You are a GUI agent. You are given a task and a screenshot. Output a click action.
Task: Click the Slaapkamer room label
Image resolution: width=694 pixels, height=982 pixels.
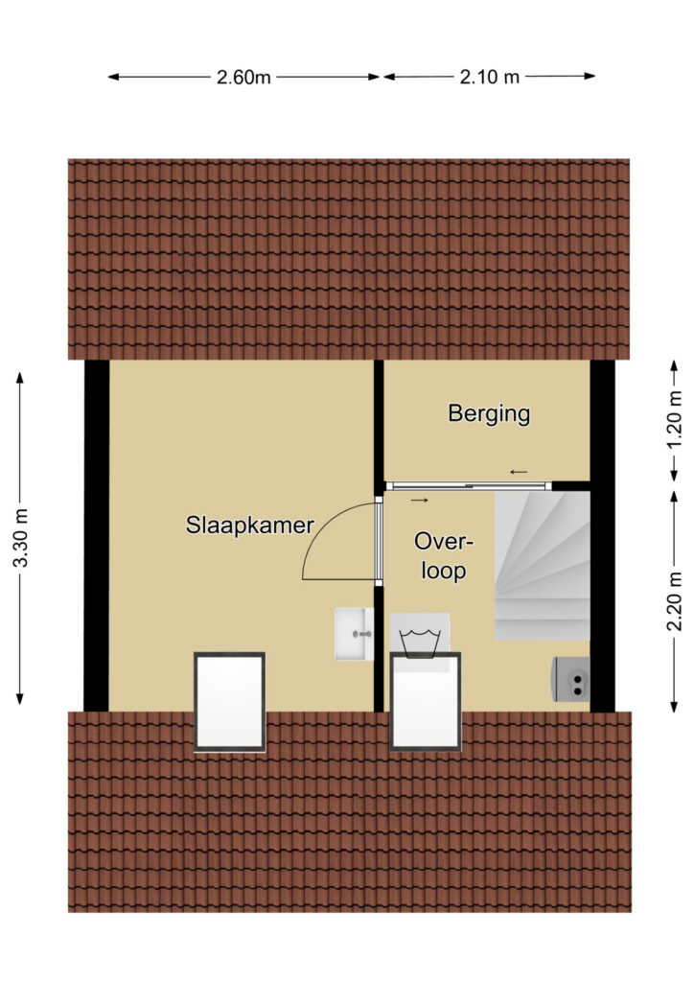249,526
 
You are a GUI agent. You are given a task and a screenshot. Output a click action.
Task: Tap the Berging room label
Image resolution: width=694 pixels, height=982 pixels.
490,414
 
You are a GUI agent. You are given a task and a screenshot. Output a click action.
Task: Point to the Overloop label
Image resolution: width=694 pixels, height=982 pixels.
444,556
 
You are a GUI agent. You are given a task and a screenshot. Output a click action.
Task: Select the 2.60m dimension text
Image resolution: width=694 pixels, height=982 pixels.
243,78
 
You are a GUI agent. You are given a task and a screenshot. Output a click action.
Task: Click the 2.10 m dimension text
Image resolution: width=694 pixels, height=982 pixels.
490,77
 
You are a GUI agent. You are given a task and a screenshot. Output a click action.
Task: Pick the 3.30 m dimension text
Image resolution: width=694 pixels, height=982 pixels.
21,537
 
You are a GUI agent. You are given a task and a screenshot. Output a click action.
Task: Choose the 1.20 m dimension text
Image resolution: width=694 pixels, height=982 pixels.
674,420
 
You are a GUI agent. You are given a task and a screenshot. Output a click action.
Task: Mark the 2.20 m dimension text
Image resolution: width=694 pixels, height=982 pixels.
674,601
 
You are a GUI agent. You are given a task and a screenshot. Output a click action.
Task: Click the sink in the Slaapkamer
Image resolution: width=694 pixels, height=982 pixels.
355,634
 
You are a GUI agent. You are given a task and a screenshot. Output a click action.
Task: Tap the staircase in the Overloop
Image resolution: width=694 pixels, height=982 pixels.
542,566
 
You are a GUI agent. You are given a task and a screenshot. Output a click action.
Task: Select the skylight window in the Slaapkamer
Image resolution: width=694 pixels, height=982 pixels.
230,701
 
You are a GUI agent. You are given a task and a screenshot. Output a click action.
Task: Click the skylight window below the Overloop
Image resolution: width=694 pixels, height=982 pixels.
426,701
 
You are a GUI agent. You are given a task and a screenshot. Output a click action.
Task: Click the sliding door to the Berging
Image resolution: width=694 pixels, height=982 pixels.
469,485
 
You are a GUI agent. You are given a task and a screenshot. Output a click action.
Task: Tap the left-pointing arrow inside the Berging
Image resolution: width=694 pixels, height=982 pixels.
519,472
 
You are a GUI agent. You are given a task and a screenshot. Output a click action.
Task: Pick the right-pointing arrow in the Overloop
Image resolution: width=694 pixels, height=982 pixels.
419,500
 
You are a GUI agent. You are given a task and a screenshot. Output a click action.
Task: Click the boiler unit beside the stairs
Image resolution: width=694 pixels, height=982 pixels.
570,679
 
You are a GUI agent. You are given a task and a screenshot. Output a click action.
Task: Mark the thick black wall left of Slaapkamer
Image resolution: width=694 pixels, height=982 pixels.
97,535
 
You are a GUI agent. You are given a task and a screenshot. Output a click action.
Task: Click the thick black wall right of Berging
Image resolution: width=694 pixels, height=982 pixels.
603,535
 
